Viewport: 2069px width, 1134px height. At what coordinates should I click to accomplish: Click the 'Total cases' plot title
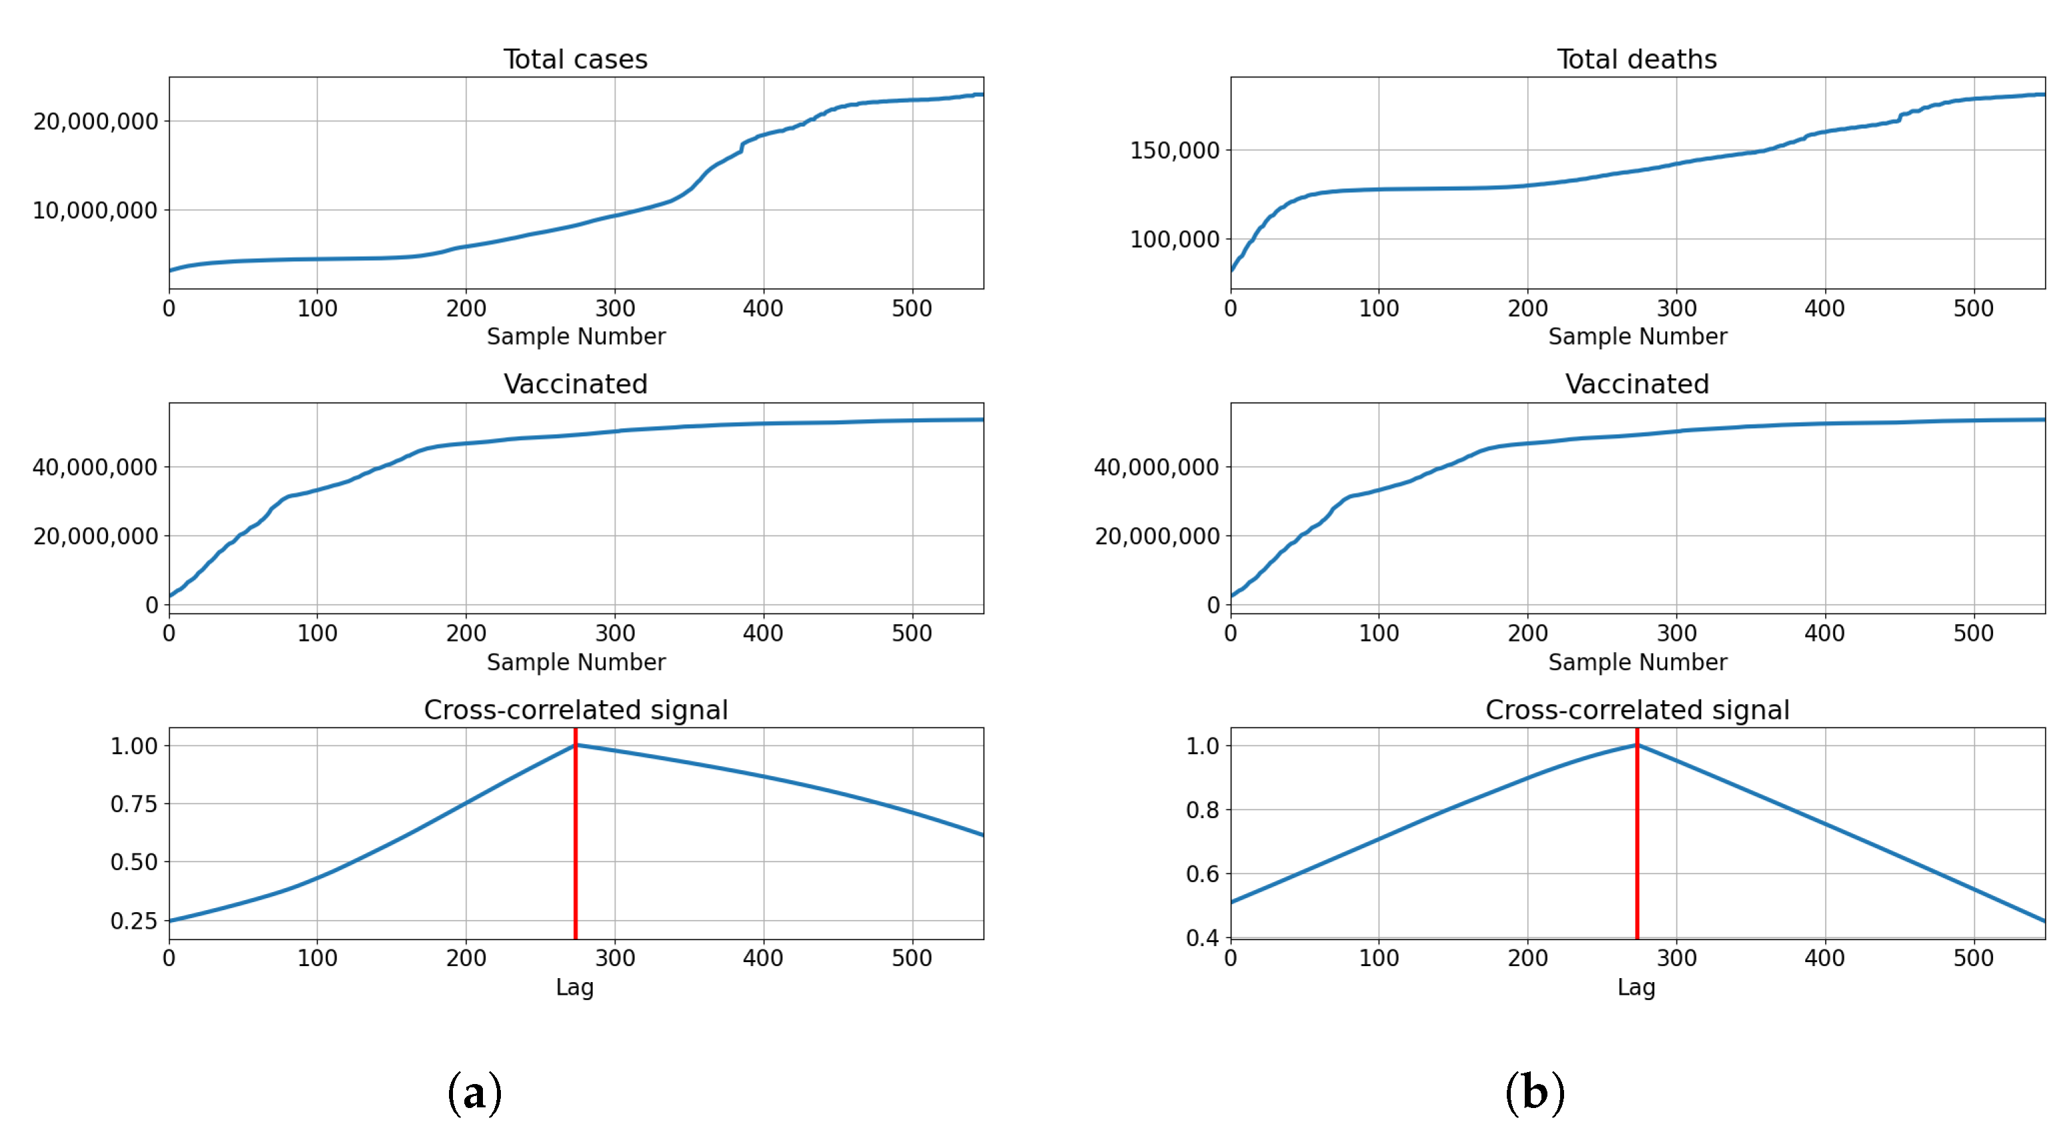pos(575,59)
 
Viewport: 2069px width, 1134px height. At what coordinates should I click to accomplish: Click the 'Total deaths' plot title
pos(1636,59)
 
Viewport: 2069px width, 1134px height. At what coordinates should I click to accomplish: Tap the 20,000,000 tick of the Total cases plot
pos(95,121)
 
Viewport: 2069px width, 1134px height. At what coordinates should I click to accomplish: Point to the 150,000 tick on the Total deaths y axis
pos(1174,150)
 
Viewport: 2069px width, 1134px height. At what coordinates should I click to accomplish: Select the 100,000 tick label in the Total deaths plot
pos(1174,239)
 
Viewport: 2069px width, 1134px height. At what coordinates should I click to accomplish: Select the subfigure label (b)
pos(1535,1092)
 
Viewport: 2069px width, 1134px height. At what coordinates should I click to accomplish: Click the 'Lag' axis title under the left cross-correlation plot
pos(574,987)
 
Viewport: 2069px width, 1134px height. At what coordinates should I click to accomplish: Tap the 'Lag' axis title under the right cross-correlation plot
pos(1636,987)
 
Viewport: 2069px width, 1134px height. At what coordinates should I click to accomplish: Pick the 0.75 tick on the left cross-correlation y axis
pos(133,804)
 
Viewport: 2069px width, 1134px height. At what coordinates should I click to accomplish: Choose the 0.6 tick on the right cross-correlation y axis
pos(1202,873)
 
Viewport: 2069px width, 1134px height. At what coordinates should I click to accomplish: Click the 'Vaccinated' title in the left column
pos(575,384)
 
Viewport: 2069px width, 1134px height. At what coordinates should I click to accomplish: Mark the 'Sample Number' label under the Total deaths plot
pos(1637,336)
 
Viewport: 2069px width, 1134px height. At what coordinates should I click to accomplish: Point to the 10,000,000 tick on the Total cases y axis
pos(95,211)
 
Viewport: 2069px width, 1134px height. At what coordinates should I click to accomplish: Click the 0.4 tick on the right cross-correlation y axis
pos(1202,937)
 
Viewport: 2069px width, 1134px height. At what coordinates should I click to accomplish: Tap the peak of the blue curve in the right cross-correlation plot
pos(1637,746)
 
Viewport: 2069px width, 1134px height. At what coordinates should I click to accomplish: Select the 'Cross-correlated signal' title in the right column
pos(1637,710)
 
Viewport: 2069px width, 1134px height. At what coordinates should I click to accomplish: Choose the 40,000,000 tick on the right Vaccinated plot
pos(1156,468)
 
